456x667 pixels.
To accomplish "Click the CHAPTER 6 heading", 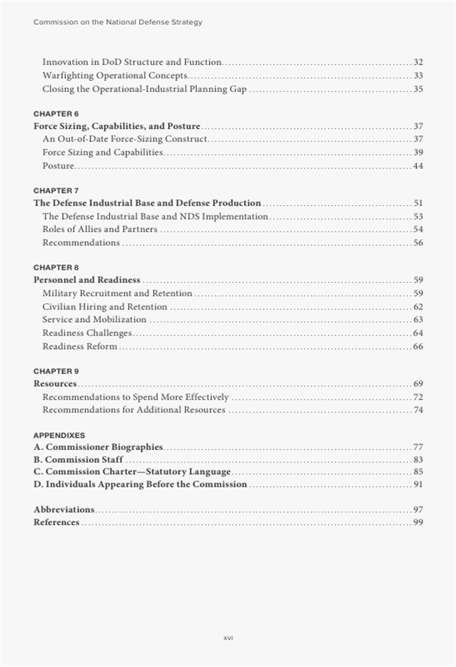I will point(56,114).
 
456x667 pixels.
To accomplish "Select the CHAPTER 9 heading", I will point(56,371).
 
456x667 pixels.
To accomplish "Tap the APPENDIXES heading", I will point(59,435).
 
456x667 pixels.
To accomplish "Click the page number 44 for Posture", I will point(418,166).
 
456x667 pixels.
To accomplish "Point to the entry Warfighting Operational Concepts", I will point(114,75).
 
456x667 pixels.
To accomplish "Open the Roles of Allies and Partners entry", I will point(99,229).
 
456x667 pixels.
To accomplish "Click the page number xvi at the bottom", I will point(228,638).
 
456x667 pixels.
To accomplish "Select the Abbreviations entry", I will point(64,509).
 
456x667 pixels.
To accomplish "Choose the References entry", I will point(57,522).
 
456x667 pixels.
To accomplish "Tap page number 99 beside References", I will point(418,522).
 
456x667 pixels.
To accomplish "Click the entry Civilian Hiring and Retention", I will point(104,307).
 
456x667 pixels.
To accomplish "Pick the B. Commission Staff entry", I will point(78,460).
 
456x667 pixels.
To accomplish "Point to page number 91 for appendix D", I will point(418,484).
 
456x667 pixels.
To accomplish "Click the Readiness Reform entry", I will point(79,346).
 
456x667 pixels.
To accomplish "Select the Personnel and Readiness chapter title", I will point(87,280).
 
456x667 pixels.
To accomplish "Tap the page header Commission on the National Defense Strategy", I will point(118,22).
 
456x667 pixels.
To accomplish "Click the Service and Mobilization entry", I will point(94,319).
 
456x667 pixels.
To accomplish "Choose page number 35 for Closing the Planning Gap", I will point(418,89).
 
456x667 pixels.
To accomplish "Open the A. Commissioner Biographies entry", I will point(98,447).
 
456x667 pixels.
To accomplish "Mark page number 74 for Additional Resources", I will point(418,409).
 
